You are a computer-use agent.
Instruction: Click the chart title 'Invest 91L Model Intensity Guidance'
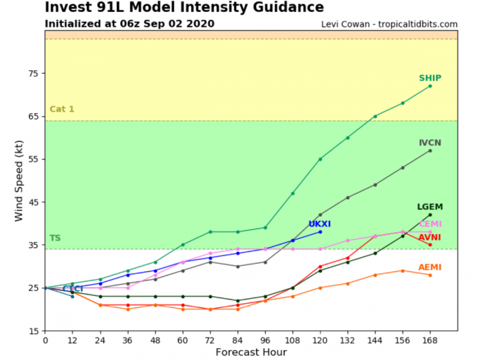(x=184, y=8)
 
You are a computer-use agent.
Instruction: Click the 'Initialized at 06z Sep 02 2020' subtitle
(x=129, y=24)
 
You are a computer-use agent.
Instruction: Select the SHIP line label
(x=430, y=78)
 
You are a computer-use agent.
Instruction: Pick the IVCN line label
(x=430, y=143)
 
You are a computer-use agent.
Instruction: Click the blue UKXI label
(x=320, y=224)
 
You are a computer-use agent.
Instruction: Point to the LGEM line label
(x=430, y=207)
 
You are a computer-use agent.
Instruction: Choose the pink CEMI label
(x=430, y=224)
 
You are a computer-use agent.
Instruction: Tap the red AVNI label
(x=430, y=238)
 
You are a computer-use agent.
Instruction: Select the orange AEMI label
(x=430, y=267)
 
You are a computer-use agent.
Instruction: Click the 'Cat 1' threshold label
(x=61, y=110)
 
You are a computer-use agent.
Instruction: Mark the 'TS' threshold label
(x=55, y=238)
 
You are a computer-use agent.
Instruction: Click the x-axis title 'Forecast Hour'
(x=251, y=352)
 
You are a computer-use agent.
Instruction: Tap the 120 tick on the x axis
(x=320, y=340)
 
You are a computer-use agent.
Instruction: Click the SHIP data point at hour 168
(x=430, y=86)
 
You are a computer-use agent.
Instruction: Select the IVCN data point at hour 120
(x=320, y=214)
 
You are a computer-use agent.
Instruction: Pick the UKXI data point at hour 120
(x=320, y=231)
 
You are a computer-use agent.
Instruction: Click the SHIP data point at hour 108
(x=292, y=193)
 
